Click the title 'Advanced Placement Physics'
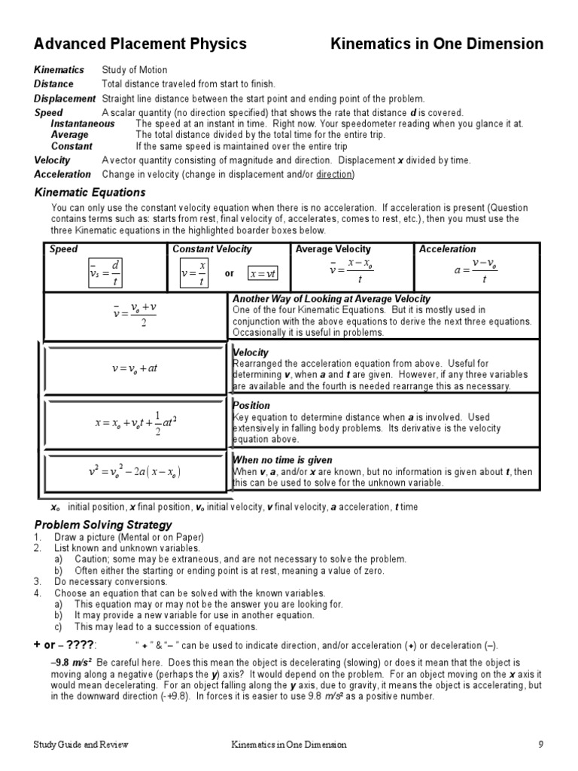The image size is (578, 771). tap(140, 44)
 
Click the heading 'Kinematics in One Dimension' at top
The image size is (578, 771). tap(437, 44)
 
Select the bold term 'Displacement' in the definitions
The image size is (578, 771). tap(65, 99)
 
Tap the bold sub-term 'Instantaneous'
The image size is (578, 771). tap(82, 123)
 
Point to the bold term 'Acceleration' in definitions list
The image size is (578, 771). tap(62, 174)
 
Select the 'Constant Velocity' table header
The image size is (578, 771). tap(212, 249)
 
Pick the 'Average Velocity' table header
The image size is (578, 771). tap(333, 249)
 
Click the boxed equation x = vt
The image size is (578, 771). tap(263, 273)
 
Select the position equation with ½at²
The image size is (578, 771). tap(135, 422)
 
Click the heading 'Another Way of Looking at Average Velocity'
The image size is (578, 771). tap(332, 299)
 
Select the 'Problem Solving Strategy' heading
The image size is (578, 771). tap(103, 524)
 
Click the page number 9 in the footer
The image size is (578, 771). tap(540, 745)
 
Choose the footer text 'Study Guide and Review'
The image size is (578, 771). tap(81, 745)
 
